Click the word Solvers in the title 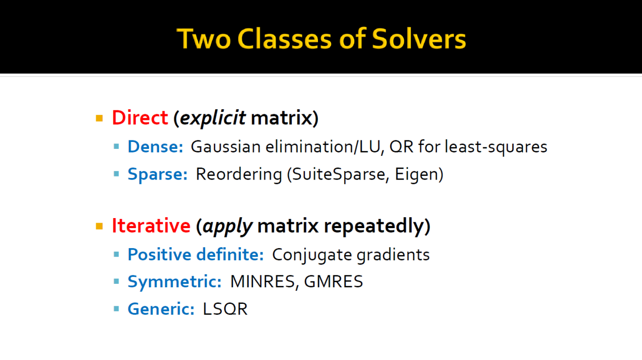click(419, 39)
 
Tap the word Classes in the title click(284, 39)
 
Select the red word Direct click(140, 118)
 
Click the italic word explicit click(213, 118)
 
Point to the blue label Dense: click(155, 147)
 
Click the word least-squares click(496, 147)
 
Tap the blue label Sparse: click(157, 174)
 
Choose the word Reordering click(239, 174)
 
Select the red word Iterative click(151, 226)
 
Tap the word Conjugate click(312, 255)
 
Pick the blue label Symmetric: click(175, 282)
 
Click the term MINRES click(262, 281)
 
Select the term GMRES click(334, 281)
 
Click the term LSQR click(225, 309)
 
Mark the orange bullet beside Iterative click(99, 227)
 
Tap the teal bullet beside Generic click(116, 309)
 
